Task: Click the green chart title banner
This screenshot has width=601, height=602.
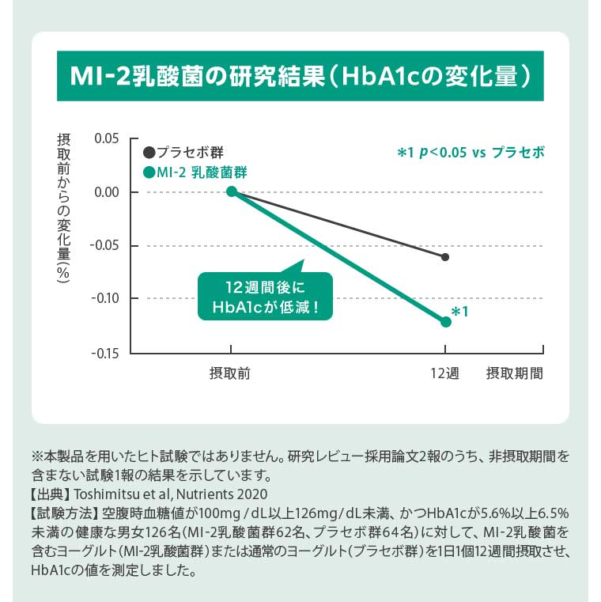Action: pos(300,77)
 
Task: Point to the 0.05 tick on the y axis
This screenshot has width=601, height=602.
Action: pos(105,138)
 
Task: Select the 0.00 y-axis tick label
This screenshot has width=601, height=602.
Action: pos(105,192)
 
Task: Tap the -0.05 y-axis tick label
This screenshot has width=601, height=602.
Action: pos(104,245)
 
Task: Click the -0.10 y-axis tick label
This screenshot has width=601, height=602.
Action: pos(104,299)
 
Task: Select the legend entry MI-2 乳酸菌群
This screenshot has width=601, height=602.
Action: pos(195,172)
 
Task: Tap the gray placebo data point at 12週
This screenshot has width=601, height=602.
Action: pos(445,257)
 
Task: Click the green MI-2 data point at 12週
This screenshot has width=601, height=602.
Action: pos(445,321)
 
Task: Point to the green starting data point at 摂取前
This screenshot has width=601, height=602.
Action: pos(231,191)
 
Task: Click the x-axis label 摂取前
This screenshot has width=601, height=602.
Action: pos(230,373)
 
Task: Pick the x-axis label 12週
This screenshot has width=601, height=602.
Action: pos(444,373)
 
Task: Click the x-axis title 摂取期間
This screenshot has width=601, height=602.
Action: pos(515,373)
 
